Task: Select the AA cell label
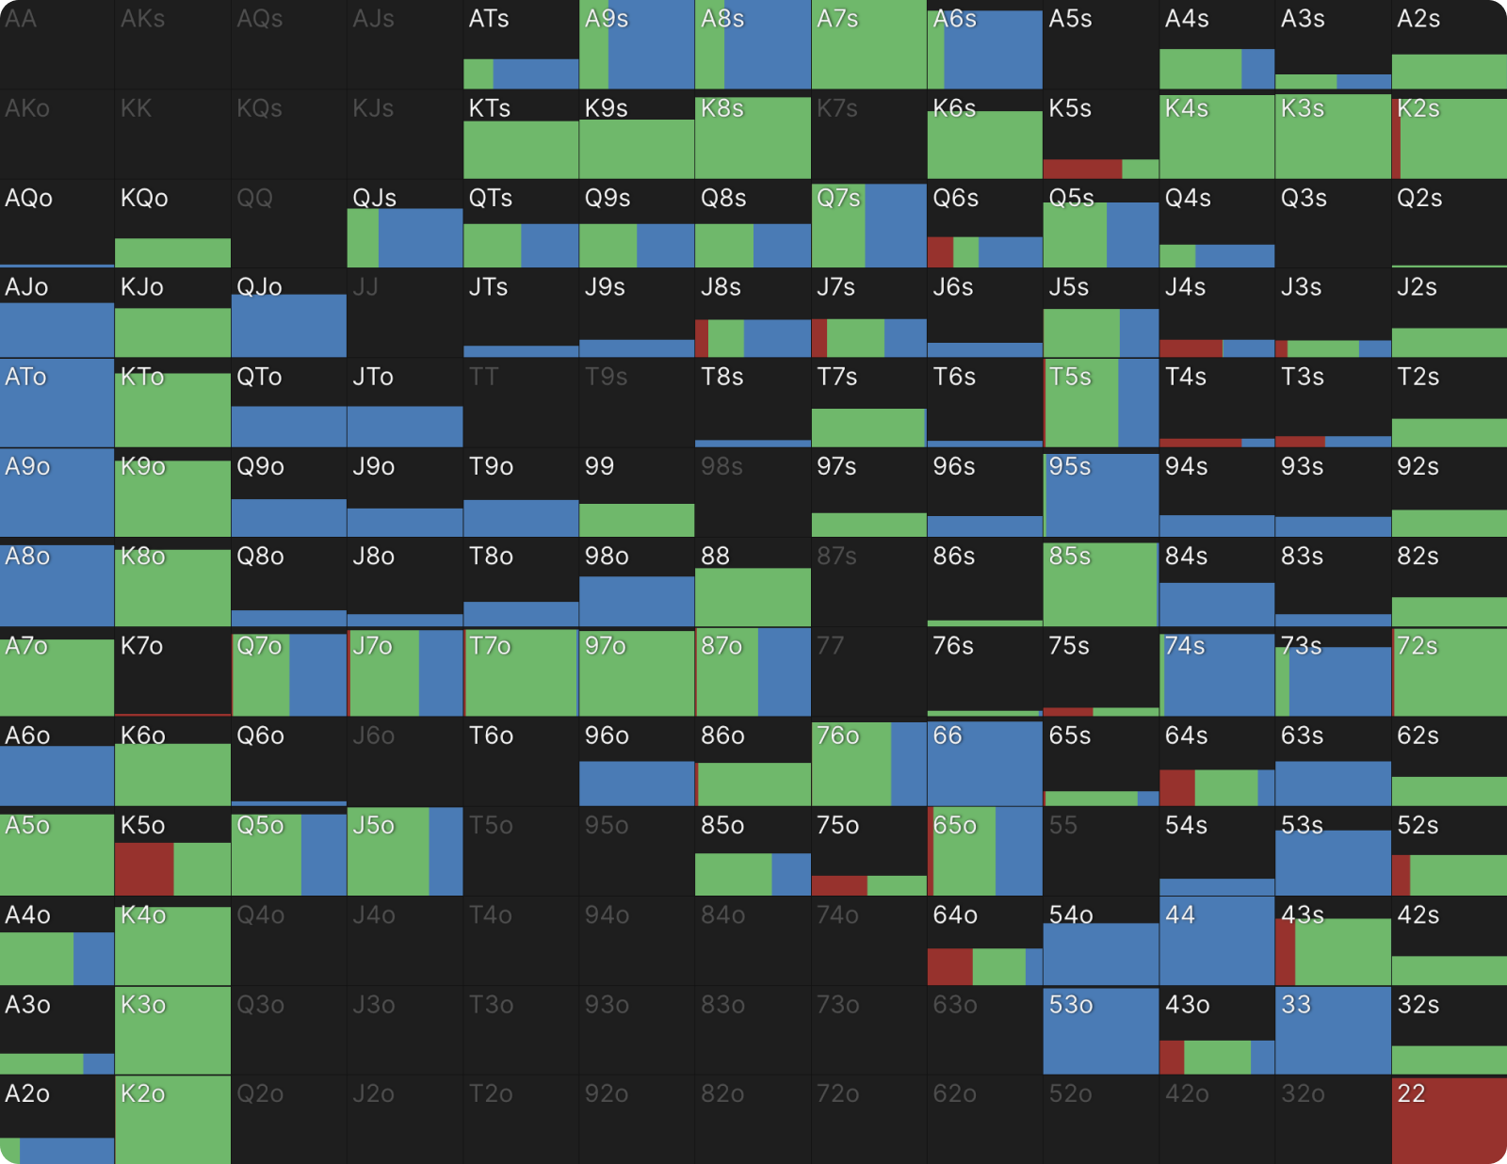(x=21, y=19)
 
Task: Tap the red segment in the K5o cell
(x=143, y=868)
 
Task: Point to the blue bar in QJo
(x=288, y=326)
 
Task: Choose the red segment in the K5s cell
(x=1082, y=169)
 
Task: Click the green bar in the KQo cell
(x=172, y=252)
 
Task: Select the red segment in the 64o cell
(x=949, y=966)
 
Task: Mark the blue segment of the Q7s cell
(x=896, y=226)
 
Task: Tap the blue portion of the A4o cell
(x=94, y=959)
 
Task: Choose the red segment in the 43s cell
(x=1285, y=951)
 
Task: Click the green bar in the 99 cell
(x=637, y=520)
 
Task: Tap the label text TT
(x=483, y=378)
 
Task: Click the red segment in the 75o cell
(x=838, y=885)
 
